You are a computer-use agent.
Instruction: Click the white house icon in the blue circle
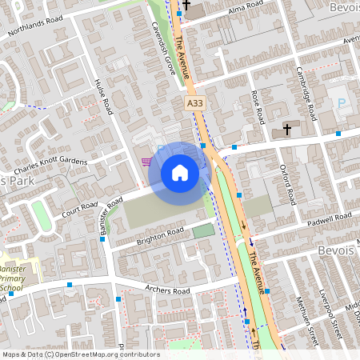(179, 172)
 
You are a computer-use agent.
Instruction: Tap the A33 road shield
(194, 104)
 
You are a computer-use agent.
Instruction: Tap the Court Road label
(78, 207)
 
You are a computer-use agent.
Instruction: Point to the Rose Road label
(258, 106)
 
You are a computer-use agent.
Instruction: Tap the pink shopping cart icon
(146, 162)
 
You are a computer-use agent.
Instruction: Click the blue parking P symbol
(342, 104)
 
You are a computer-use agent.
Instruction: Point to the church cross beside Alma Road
(186, 6)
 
